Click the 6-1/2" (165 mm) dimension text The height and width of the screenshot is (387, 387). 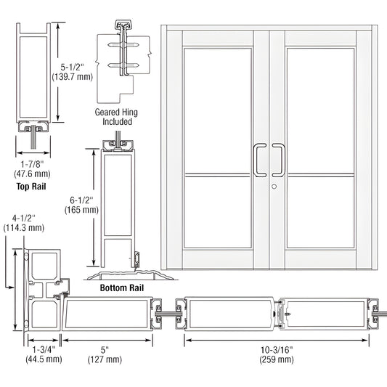(80, 204)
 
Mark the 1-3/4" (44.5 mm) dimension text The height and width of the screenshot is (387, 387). (45, 354)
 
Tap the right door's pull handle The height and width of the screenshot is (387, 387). (279, 160)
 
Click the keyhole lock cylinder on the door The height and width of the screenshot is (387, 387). (275, 187)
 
